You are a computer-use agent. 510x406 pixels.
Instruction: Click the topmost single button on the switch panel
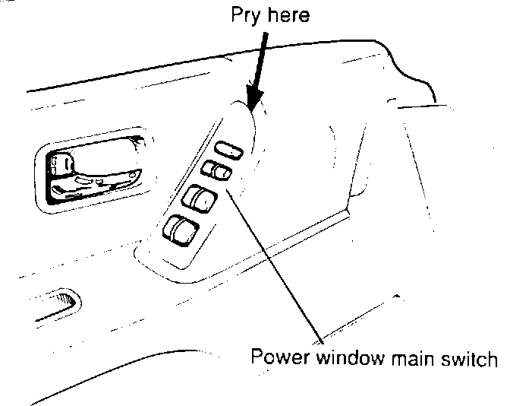pos(228,150)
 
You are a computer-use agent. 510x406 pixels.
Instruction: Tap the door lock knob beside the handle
pos(61,163)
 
